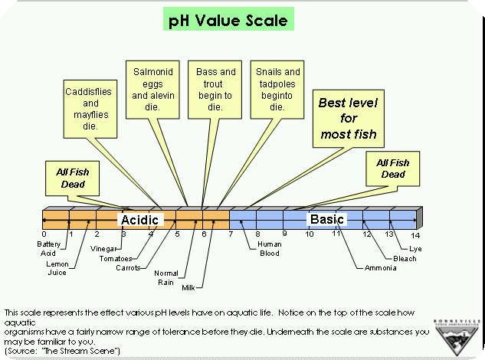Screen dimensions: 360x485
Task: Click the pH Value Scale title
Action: (228, 20)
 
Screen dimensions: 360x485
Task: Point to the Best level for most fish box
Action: (348, 119)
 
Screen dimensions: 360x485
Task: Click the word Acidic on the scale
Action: (139, 220)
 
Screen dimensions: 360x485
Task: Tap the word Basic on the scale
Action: (327, 220)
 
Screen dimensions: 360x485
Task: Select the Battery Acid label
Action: (48, 248)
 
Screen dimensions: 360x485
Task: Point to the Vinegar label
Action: (103, 249)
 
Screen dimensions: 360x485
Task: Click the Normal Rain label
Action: (165, 277)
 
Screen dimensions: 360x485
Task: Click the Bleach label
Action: (405, 258)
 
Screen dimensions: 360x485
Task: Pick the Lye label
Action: (415, 249)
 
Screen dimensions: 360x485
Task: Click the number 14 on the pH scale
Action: (416, 234)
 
